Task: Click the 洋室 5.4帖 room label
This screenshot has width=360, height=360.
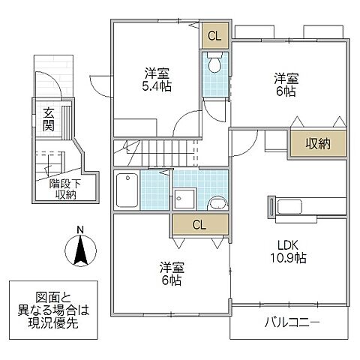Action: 157,79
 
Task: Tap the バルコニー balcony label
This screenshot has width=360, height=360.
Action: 292,324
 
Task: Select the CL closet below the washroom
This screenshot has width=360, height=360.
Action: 198,224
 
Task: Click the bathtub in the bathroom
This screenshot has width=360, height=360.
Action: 127,191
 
